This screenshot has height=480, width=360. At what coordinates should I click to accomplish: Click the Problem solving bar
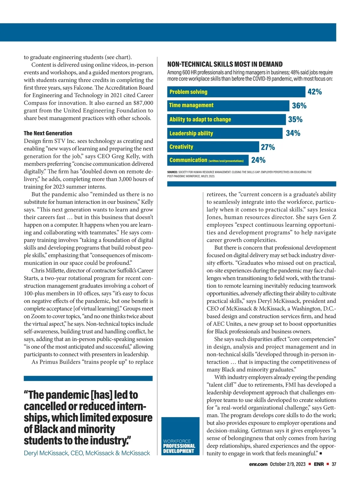pos(236,92)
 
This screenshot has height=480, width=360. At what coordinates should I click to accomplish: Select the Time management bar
pos(228,105)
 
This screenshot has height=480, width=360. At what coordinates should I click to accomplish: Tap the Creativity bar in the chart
pos(213,147)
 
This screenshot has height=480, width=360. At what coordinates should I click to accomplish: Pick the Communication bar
pos(208,160)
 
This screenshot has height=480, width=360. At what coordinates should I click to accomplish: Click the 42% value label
pos(314,92)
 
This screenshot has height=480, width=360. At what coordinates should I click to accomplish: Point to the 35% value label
pos(295,119)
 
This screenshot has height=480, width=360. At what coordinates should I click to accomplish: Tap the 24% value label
pos(258,160)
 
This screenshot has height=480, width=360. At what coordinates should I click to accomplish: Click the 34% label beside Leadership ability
pos(293,133)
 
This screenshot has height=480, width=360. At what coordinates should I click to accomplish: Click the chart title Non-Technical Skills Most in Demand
pos(225,64)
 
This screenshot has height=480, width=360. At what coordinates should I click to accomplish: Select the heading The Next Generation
pos(48,133)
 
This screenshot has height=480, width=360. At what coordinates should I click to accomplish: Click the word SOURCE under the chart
pos(172,172)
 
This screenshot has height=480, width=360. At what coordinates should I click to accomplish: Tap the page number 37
pos(334,464)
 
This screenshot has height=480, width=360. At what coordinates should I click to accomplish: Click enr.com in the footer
pos(258,464)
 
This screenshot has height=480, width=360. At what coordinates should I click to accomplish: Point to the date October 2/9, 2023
pos(287,464)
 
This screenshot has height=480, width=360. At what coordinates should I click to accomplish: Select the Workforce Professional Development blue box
pos(180,436)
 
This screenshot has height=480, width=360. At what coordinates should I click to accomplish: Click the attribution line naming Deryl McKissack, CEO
pos(87,453)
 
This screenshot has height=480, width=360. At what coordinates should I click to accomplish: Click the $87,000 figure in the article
pos(143,103)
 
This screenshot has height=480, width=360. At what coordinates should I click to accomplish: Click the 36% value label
pos(299,106)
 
